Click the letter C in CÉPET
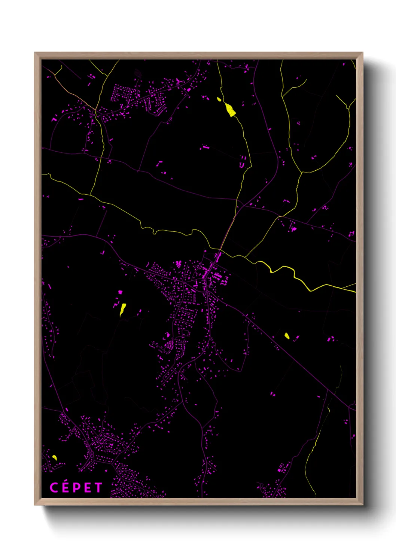pyautogui.click(x=54, y=487)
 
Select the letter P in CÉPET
pyautogui.click(x=76, y=487)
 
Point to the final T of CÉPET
pyautogui.click(x=98, y=487)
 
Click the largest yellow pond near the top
pyautogui.click(x=230, y=110)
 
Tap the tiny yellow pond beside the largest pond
pyautogui.click(x=219, y=99)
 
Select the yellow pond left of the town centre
pyautogui.click(x=122, y=309)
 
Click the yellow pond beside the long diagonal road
pyautogui.click(x=287, y=335)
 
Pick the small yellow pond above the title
pyautogui.click(x=55, y=457)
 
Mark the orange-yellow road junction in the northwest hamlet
pyautogui.click(x=95, y=110)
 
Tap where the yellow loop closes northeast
pyautogui.click(x=302, y=172)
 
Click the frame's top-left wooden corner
pyautogui.click(x=37, y=55)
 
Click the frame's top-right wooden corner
pyautogui.click(x=360, y=55)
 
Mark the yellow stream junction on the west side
pyautogui.click(x=91, y=194)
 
